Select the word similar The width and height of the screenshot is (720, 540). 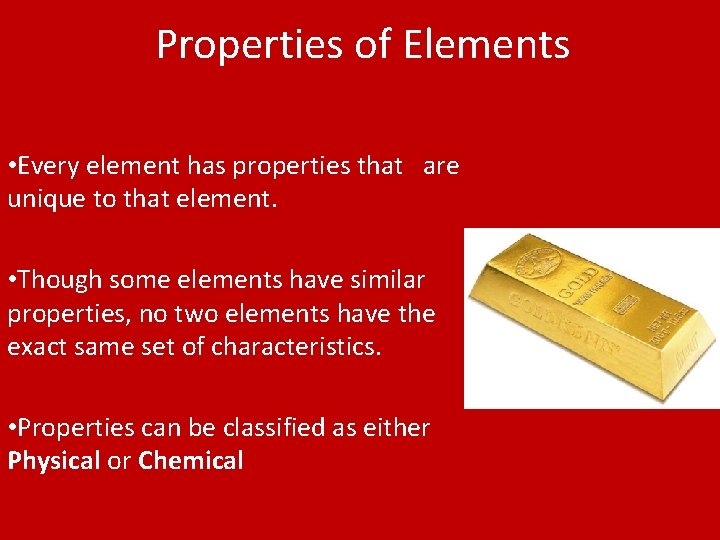coord(385,280)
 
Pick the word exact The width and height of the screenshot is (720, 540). coord(41,348)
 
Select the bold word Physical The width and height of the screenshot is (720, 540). coord(54,462)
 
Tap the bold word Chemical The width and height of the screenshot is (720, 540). coord(191,462)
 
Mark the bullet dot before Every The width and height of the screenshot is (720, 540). coord(11,167)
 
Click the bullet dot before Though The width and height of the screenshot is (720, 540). coord(11,281)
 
